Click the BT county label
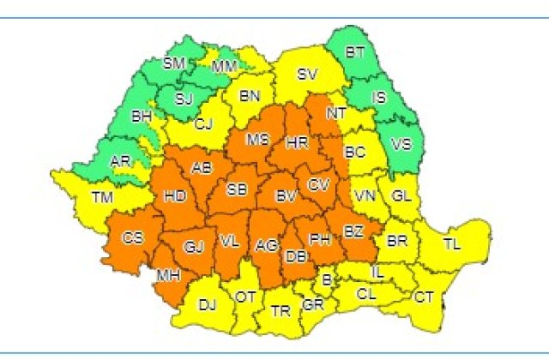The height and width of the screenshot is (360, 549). click(x=355, y=52)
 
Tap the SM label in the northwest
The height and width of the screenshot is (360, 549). click(x=174, y=63)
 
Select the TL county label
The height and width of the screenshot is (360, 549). click(x=451, y=243)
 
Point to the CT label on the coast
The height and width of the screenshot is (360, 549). click(x=424, y=297)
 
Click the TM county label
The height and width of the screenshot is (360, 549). click(x=102, y=198)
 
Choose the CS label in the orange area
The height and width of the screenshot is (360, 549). click(x=133, y=237)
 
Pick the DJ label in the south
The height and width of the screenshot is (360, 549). click(x=207, y=303)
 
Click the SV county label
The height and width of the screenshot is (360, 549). click(x=307, y=74)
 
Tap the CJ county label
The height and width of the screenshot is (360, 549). click(x=203, y=124)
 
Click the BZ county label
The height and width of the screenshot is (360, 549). click(x=353, y=232)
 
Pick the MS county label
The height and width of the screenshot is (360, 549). click(x=256, y=140)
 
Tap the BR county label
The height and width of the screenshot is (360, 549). click(x=396, y=241)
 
